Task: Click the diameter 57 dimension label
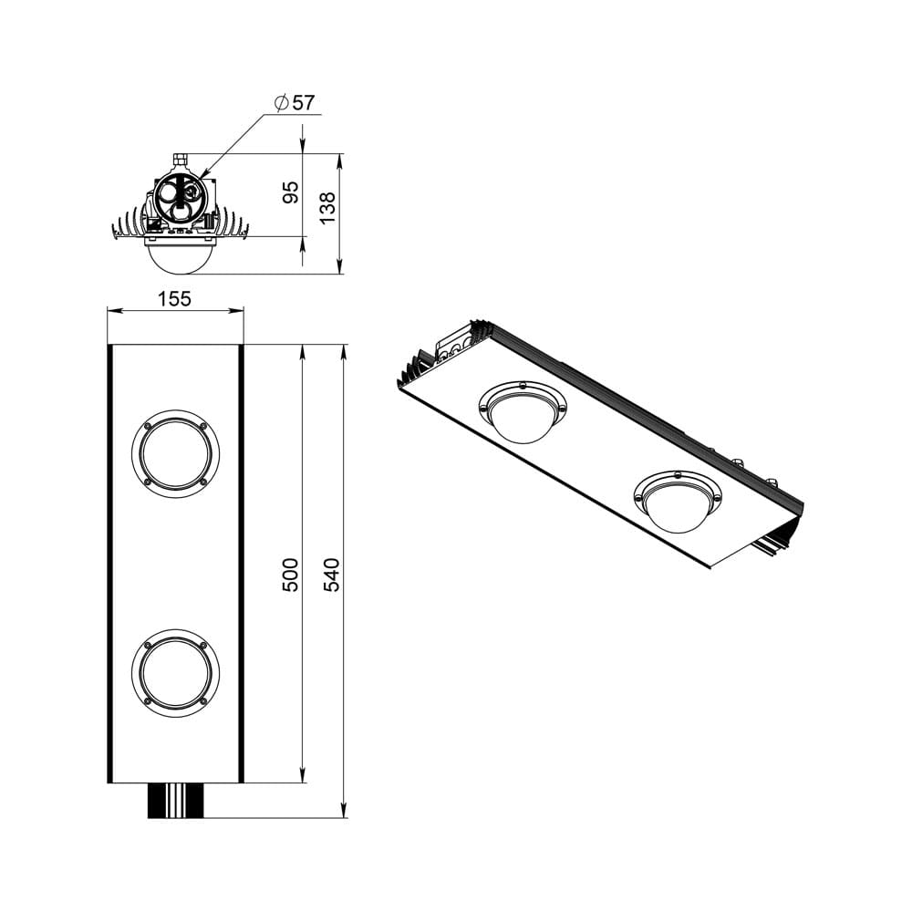[x=294, y=102]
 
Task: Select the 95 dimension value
[x=291, y=192]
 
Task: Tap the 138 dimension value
[x=328, y=207]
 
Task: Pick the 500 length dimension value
[x=290, y=575]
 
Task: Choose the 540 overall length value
[x=332, y=575]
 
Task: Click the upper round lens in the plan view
[x=175, y=453]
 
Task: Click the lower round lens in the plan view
[x=175, y=672]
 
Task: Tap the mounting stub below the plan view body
[x=174, y=800]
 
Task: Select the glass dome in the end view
[x=180, y=256]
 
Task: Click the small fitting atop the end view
[x=180, y=161]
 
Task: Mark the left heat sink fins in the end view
[x=129, y=225]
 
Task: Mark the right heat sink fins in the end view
[x=233, y=225]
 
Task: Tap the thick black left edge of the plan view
[x=109, y=563]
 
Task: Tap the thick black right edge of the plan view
[x=241, y=563]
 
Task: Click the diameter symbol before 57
[x=281, y=102]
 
